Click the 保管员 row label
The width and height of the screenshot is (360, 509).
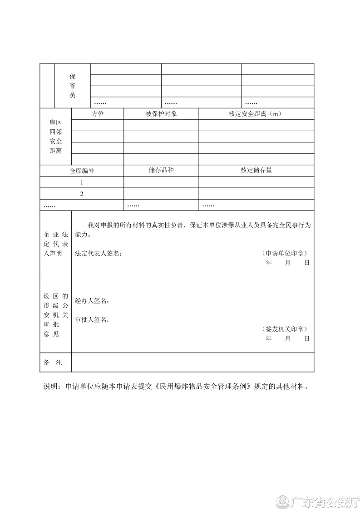pos(73,86)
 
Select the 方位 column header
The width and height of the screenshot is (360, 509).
pos(98,114)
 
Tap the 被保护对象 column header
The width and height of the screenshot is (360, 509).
pos(161,114)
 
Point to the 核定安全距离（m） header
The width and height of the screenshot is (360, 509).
pos(256,114)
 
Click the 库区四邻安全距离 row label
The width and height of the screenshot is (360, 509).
pos(55,137)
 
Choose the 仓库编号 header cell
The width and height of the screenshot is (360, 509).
pos(82,171)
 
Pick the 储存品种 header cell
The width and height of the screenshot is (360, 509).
pos(161,170)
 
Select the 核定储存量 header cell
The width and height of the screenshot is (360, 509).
pos(256,170)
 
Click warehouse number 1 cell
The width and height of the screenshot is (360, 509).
pos(82,182)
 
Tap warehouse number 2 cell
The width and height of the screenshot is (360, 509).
pos(82,194)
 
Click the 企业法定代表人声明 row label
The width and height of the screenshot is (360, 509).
pos(55,244)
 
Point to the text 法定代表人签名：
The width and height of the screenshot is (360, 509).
pos(99,253)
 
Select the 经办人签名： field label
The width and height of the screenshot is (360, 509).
pos(92,301)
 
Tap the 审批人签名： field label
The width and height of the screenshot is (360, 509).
pos(92,319)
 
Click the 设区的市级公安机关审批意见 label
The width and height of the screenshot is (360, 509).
pos(55,315)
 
